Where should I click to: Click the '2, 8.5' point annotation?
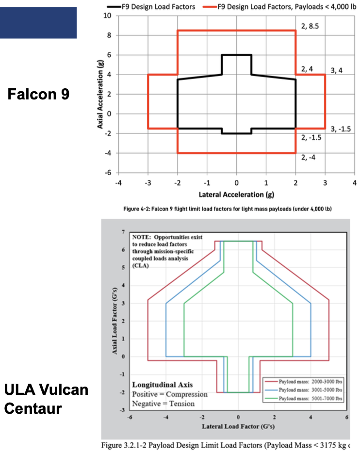click(x=310, y=26)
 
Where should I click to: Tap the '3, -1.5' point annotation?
click(x=341, y=129)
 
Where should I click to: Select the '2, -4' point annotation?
click(x=308, y=158)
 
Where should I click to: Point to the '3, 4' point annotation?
click(x=336, y=70)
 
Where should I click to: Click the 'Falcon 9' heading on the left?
click(x=38, y=94)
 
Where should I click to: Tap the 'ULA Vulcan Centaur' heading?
click(x=46, y=399)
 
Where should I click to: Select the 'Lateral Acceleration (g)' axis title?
click(x=236, y=195)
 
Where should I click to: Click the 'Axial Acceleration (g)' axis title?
click(x=100, y=94)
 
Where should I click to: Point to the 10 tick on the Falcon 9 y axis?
click(x=107, y=16)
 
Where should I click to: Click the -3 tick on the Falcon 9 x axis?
click(x=147, y=183)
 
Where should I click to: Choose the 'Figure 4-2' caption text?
click(x=228, y=209)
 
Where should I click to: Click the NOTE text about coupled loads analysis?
click(x=167, y=251)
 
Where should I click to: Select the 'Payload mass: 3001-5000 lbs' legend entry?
click(x=303, y=390)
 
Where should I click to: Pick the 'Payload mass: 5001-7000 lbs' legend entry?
click(x=303, y=398)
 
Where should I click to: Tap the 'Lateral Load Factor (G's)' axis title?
click(x=238, y=426)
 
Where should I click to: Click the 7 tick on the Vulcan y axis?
click(x=123, y=232)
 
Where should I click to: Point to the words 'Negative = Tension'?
click(x=164, y=404)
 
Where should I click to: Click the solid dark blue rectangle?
click(x=38, y=23)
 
